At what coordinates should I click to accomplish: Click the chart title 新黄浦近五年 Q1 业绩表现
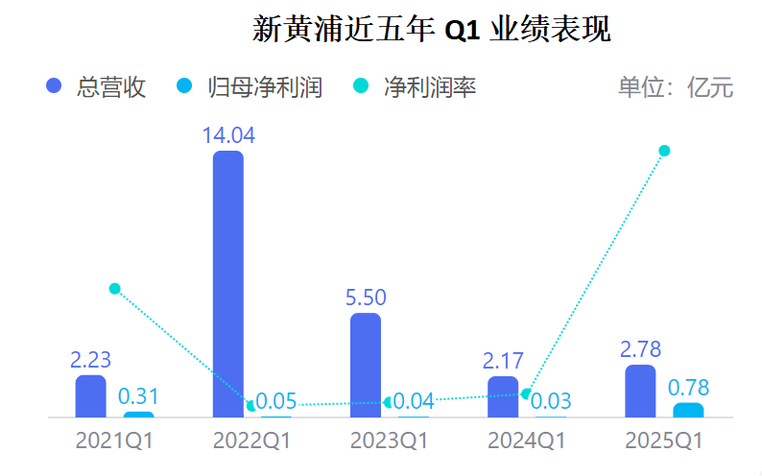point(432,29)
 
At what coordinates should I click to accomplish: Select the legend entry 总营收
point(96,87)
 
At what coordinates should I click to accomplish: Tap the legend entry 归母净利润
point(250,87)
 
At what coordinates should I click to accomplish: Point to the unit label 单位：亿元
point(676,87)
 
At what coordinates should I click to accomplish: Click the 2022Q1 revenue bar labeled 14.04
point(227,284)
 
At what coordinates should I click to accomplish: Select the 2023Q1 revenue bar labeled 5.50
point(366,366)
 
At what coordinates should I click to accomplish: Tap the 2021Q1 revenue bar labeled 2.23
point(91,396)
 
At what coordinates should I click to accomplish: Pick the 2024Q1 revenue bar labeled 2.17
point(503,397)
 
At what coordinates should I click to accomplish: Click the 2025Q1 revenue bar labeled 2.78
point(640,392)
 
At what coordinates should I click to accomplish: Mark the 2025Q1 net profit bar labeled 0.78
point(687,411)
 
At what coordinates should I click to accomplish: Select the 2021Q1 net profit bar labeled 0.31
point(138,415)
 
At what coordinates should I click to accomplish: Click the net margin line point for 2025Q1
point(663,151)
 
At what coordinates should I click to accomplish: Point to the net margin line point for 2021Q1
point(115,288)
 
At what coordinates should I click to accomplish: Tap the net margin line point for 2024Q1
point(526,393)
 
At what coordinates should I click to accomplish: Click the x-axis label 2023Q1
point(388,442)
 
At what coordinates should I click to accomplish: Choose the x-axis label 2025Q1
point(664,442)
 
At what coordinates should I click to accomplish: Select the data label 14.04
point(227,135)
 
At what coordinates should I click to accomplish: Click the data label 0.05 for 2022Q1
point(276,401)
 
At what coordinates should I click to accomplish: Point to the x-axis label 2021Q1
point(114,442)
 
